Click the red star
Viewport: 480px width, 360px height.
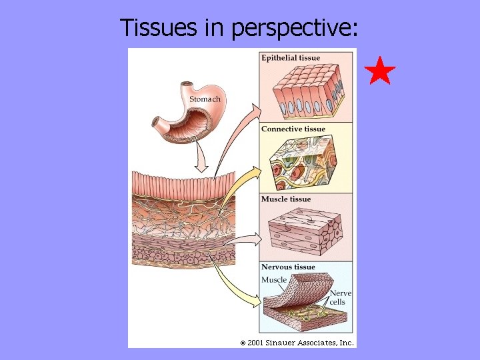click(381, 71)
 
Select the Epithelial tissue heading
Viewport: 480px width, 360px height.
click(291, 58)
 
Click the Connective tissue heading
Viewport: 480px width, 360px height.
click(293, 129)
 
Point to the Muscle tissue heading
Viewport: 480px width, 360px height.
click(286, 199)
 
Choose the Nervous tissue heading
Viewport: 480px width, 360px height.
click(288, 267)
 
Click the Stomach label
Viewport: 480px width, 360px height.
click(205, 99)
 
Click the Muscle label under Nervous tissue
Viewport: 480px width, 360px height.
click(274, 280)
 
